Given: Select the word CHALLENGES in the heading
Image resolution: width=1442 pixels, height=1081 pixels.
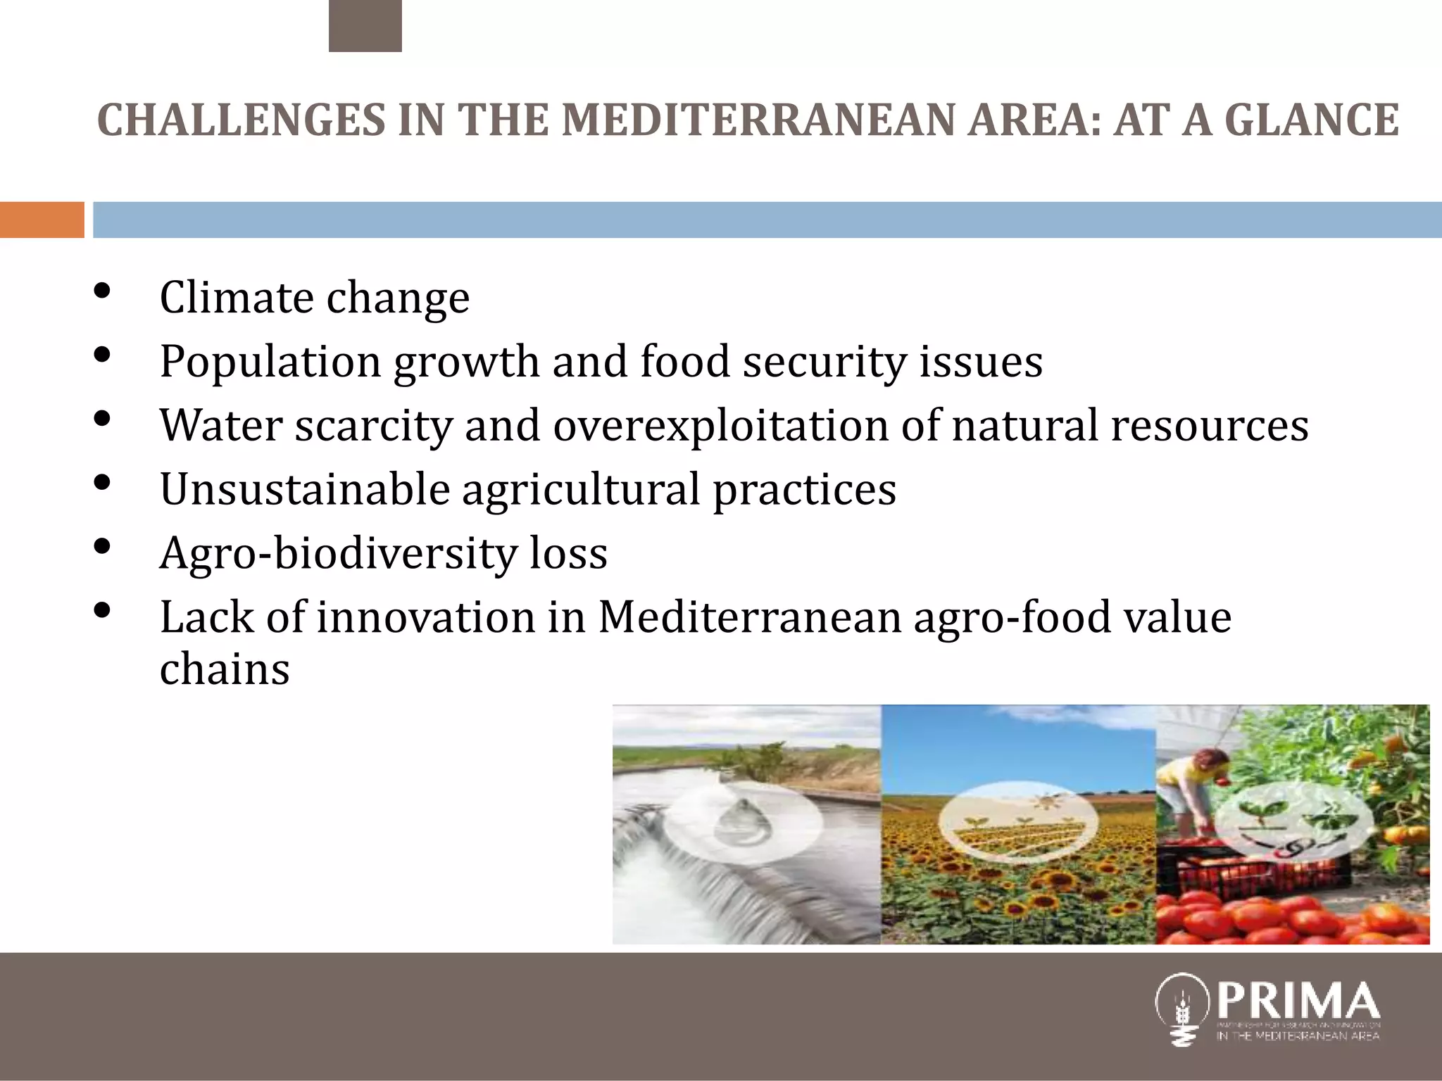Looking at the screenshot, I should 242,120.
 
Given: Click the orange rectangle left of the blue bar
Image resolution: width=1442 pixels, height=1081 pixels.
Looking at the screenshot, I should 42,220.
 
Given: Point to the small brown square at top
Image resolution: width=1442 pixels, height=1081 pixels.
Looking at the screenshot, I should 365,26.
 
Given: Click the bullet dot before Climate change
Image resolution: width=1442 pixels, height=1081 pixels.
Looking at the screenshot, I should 102,291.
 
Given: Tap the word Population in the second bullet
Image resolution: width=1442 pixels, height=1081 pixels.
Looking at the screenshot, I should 270,362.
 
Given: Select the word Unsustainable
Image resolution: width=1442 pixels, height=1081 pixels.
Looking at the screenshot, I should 305,489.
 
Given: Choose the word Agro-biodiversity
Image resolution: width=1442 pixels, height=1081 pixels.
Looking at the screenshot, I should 339,554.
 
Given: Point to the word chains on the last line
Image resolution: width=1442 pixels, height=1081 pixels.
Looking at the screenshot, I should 225,669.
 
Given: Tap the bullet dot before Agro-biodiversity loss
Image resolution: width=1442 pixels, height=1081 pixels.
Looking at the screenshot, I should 102,547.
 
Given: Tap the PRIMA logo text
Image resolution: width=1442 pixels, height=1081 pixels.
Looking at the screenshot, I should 1298,1000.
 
